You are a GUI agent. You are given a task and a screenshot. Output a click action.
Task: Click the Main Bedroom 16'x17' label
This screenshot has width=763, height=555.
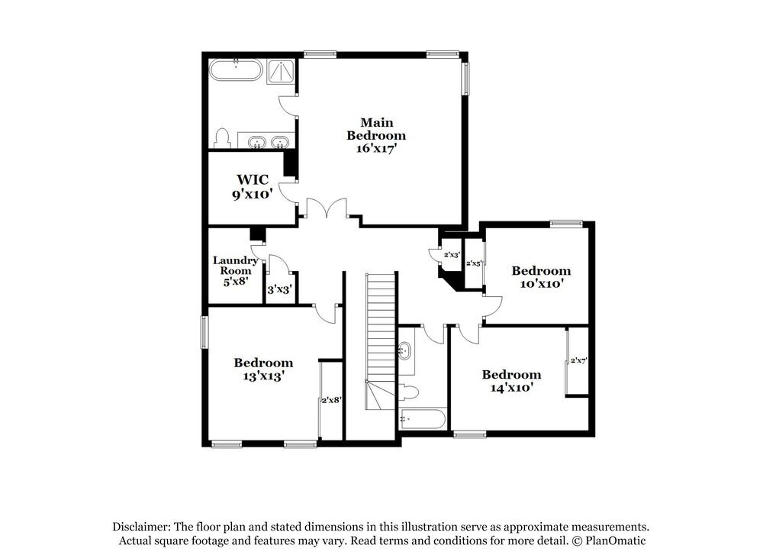376,135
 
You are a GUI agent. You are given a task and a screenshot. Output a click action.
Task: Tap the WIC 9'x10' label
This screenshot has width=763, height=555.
253,186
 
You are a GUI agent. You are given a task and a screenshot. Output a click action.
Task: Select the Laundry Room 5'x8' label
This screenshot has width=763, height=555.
235,270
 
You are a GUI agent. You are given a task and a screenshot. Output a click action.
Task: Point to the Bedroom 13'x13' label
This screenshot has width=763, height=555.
263,369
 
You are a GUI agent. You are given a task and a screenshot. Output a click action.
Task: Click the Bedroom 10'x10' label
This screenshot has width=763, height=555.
541,276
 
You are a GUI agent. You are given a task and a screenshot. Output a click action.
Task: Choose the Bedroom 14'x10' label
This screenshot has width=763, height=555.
511,380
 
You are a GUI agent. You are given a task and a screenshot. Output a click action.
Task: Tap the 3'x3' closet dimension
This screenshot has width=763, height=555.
279,289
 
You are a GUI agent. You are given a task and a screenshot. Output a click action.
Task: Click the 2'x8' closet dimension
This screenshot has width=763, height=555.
330,399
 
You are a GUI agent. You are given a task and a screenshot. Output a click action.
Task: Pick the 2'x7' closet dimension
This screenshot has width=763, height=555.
578,360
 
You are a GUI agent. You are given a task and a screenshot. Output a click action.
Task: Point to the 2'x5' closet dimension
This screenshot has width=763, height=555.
474,263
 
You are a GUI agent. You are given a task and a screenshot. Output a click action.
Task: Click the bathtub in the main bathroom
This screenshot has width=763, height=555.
236,72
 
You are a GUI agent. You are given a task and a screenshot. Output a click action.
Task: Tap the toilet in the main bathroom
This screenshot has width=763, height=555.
223,138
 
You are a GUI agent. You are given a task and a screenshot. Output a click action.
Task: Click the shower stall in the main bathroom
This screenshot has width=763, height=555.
280,72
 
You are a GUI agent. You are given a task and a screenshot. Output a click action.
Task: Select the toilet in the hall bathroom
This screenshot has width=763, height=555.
409,392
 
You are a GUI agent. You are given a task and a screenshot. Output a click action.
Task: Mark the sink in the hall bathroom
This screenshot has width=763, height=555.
405,352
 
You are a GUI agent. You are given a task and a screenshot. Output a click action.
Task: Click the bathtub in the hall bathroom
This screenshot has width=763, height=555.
422,419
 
